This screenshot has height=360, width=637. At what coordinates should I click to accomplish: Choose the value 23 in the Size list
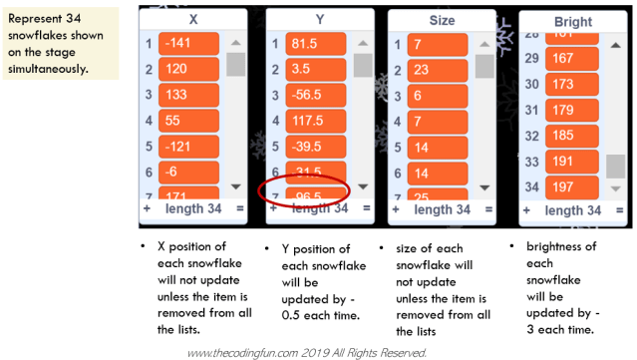tap(431, 70)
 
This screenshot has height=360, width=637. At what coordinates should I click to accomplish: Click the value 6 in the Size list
tap(431, 95)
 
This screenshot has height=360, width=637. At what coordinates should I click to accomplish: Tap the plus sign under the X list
tap(147, 209)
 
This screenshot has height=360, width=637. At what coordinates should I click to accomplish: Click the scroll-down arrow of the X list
tap(236, 186)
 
